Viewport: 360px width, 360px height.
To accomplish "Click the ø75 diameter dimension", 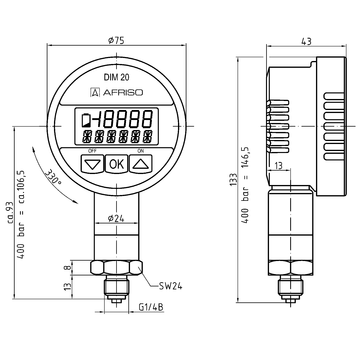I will pos(117,41).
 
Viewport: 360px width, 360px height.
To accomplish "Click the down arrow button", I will pos(93,164).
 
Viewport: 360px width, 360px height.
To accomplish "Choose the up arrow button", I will pos(141,164).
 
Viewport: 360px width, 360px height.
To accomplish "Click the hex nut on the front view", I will pos(117,271).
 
